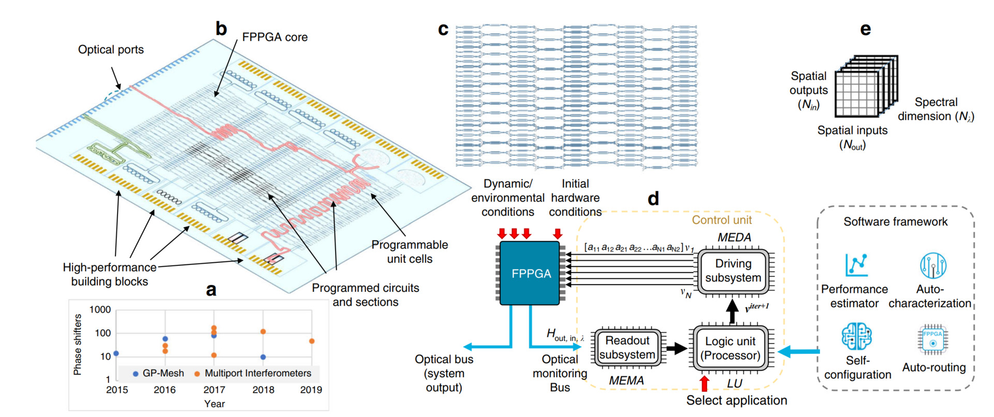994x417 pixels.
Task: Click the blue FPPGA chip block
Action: (x=530, y=273)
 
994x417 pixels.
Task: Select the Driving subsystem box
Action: (x=733, y=271)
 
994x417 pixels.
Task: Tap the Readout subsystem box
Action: (x=627, y=348)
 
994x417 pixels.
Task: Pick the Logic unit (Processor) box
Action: (x=730, y=348)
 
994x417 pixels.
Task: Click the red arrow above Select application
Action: (x=704, y=383)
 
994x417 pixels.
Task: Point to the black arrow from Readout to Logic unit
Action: (x=676, y=348)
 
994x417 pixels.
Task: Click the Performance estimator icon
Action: (x=856, y=265)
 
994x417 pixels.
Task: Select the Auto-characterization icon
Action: (x=933, y=265)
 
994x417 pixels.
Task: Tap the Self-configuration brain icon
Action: (x=856, y=337)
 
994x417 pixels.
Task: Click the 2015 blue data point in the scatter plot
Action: (x=116, y=353)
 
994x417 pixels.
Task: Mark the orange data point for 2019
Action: (x=312, y=341)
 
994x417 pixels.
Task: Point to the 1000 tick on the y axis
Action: (x=100, y=310)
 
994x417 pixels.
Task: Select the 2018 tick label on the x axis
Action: (x=263, y=390)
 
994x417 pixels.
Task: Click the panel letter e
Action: (x=865, y=29)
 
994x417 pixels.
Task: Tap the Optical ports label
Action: (x=111, y=50)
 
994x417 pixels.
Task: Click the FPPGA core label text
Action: (x=274, y=37)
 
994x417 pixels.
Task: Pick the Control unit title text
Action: (x=722, y=220)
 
